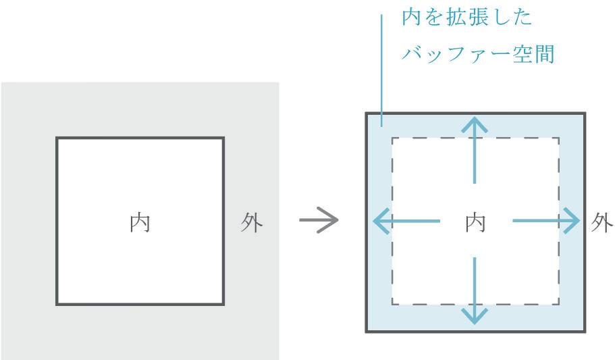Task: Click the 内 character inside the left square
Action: [140, 222]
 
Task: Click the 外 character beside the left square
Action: [252, 222]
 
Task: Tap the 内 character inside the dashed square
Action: [475, 222]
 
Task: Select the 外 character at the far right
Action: [602, 222]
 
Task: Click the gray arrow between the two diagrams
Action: [318, 222]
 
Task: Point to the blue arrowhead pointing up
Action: [476, 126]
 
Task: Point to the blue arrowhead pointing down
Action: [476, 314]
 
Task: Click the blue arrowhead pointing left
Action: [381, 221]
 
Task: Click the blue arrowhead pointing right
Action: [571, 221]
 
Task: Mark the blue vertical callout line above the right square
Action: [382, 68]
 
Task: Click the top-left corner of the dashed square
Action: [392, 138]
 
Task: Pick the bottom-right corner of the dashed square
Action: [559, 305]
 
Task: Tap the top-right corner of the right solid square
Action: [585, 113]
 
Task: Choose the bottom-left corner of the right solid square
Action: [367, 331]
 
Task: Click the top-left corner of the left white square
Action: [57, 138]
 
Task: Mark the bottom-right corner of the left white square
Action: [223, 305]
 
